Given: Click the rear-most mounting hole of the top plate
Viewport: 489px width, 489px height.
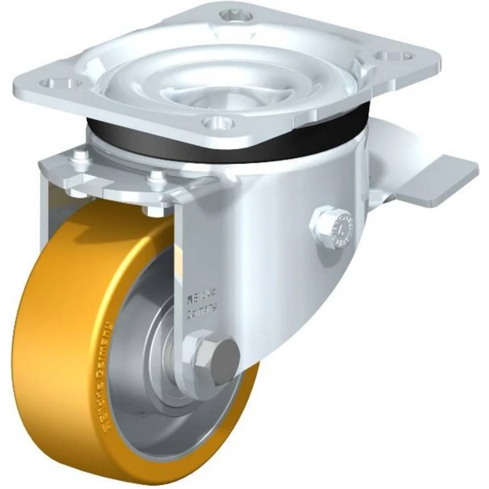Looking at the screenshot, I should point(240,15).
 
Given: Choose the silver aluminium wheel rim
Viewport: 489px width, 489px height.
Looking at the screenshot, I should point(142,401).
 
